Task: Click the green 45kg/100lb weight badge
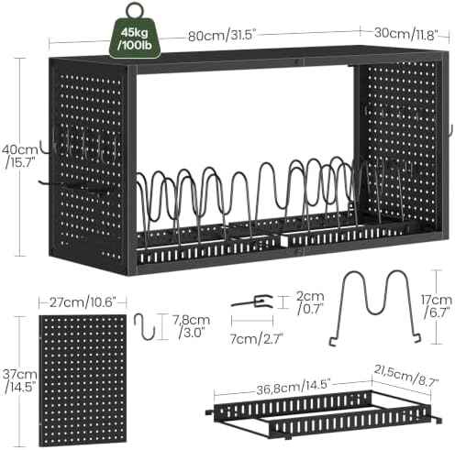click(135, 38)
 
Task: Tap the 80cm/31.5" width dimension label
click(222, 36)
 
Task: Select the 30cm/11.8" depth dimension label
click(406, 33)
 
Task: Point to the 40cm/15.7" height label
click(20, 156)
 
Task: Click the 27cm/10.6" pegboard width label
click(83, 303)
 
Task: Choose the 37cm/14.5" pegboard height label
click(20, 380)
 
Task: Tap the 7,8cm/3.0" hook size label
click(192, 326)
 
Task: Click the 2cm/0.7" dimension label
click(310, 302)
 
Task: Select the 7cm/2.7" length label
click(256, 339)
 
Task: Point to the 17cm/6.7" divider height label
click(437, 305)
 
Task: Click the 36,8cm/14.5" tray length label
click(293, 386)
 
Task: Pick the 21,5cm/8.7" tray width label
click(406, 377)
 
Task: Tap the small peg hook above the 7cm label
click(252, 301)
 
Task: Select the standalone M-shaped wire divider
click(375, 308)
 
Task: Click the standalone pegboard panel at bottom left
click(83, 379)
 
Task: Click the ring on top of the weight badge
click(135, 11)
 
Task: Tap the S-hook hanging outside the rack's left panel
click(45, 148)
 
